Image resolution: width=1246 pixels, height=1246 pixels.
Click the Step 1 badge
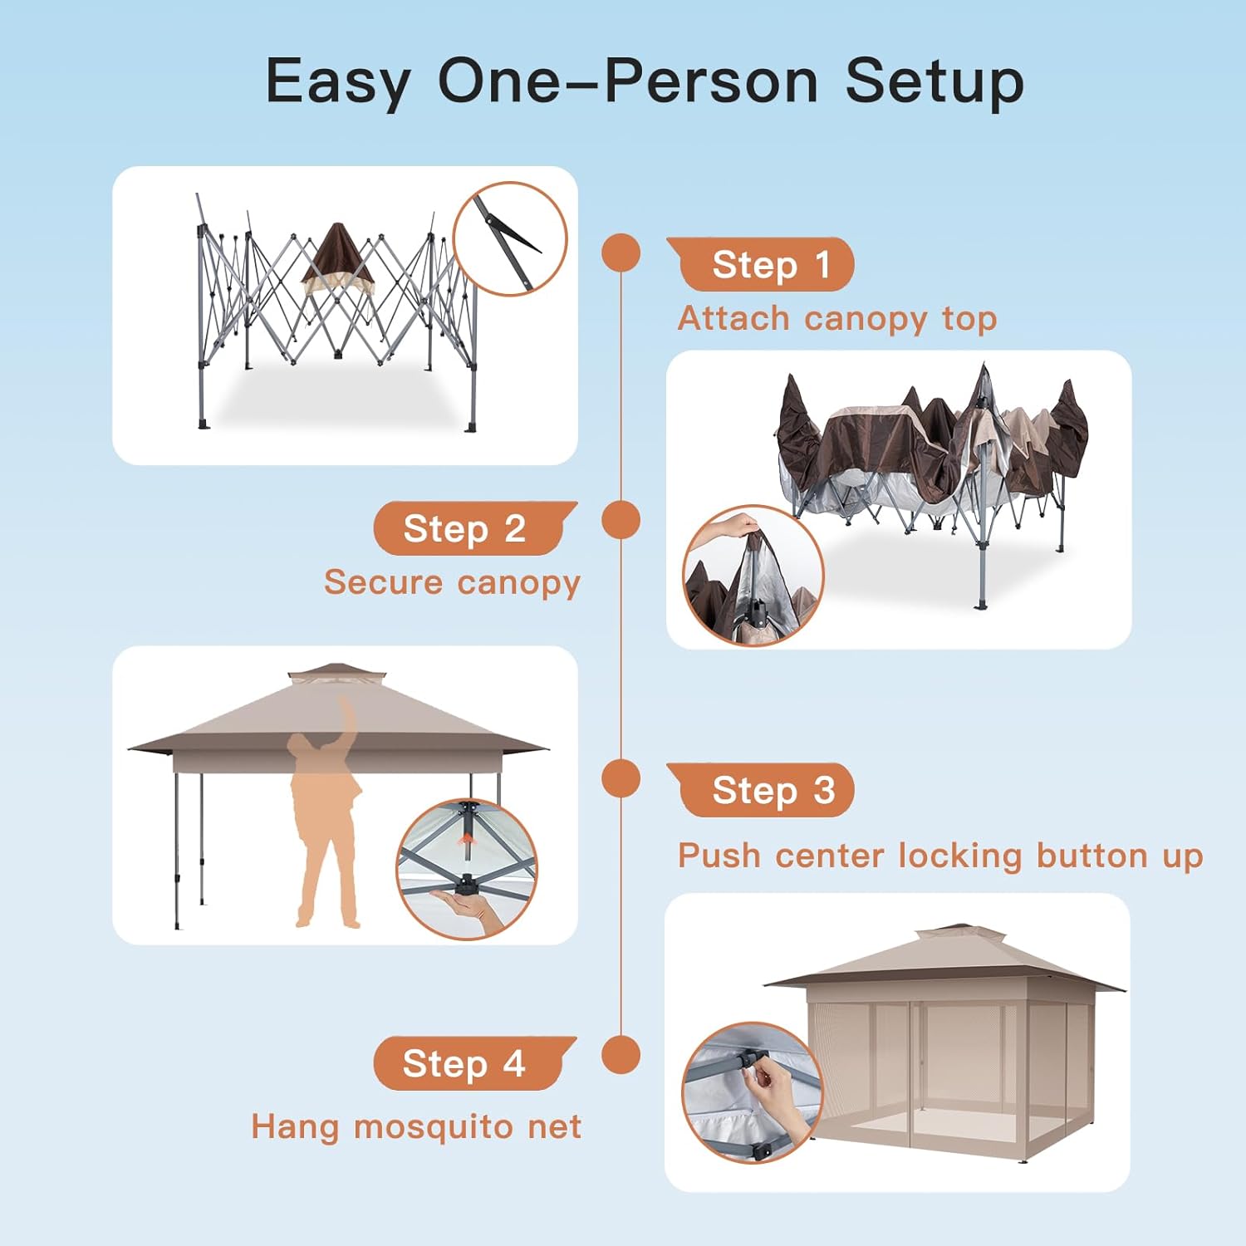pyautogui.click(x=760, y=264)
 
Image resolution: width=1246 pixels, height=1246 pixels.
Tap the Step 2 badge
pyautogui.click(x=475, y=528)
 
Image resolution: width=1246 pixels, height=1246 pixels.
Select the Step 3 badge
pyautogui.click(x=760, y=790)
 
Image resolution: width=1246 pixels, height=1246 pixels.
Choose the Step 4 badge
pyautogui.click(x=475, y=1063)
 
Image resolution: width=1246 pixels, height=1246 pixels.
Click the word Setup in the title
pyautogui.click(x=934, y=81)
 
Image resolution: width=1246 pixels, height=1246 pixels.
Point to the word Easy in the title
pyautogui.click(x=338, y=81)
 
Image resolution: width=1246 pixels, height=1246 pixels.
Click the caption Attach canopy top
pyautogui.click(x=837, y=319)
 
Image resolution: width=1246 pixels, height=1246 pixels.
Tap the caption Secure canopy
pyautogui.click(x=452, y=582)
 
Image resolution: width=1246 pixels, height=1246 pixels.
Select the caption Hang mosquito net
pyautogui.click(x=416, y=1127)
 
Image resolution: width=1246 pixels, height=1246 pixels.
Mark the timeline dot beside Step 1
pyautogui.click(x=621, y=253)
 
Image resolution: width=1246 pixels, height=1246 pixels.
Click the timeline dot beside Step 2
pyautogui.click(x=621, y=520)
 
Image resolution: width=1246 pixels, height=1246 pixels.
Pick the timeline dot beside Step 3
pyautogui.click(x=621, y=779)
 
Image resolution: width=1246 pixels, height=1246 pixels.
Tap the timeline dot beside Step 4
pyautogui.click(x=621, y=1055)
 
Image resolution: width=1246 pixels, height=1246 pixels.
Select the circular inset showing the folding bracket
pyautogui.click(x=510, y=239)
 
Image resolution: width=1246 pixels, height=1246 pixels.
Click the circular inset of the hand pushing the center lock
pyautogui.click(x=467, y=870)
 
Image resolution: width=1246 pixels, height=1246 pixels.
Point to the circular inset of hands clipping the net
pyautogui.click(x=753, y=1092)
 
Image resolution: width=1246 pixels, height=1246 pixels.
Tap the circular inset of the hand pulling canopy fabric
pyautogui.click(x=753, y=576)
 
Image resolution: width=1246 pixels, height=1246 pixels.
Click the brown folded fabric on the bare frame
pyautogui.click(x=336, y=259)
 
